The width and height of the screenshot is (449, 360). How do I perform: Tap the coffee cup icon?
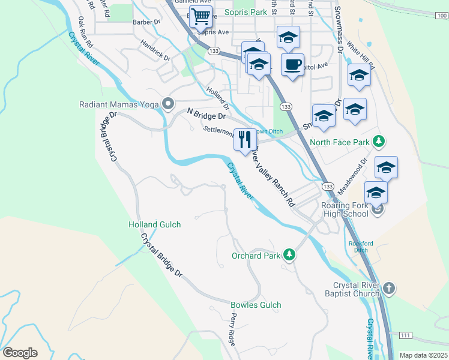(292, 65)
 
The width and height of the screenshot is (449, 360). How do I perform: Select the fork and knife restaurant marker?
(245, 140)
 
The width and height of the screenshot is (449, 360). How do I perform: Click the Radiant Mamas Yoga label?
(119, 104)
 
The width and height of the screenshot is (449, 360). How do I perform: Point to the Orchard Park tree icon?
(290, 255)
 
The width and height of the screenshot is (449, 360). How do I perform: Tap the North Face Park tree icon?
(378, 142)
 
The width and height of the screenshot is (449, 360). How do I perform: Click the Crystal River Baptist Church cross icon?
(389, 288)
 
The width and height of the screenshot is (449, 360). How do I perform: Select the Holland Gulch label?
(155, 224)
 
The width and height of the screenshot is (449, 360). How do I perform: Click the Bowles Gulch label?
(256, 305)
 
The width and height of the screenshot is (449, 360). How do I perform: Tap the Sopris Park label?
(246, 12)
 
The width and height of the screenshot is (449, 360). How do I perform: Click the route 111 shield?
(405, 334)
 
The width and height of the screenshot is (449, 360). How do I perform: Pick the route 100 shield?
(441, 16)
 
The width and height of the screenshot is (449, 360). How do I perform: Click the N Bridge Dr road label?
(206, 113)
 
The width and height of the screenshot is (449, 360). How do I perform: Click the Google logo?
(20, 353)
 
